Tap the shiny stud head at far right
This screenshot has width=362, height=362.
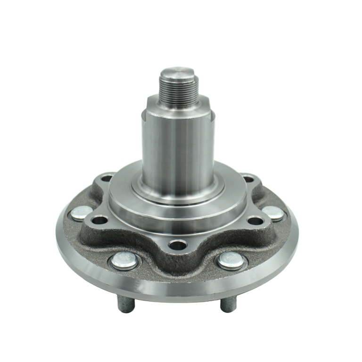pyautogui.click(x=273, y=212)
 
